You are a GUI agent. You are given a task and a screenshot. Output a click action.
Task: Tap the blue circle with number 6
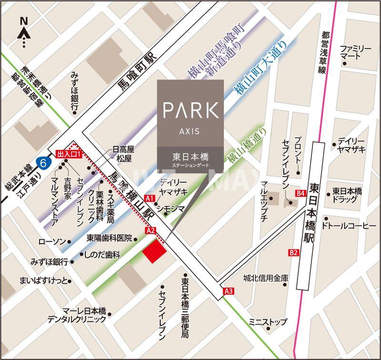click(44, 163)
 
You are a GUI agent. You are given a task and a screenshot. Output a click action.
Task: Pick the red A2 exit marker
click(151, 231)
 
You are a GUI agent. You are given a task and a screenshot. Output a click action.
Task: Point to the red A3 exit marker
click(229, 291)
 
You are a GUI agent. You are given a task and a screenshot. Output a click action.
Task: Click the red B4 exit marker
click(300, 193)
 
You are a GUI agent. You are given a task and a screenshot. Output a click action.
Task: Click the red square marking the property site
click(154, 251)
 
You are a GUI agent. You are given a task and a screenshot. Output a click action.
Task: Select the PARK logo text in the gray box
click(190, 110)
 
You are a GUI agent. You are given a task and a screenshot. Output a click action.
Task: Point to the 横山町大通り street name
click(261, 67)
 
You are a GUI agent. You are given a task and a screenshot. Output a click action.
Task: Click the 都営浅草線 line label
click(324, 52)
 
